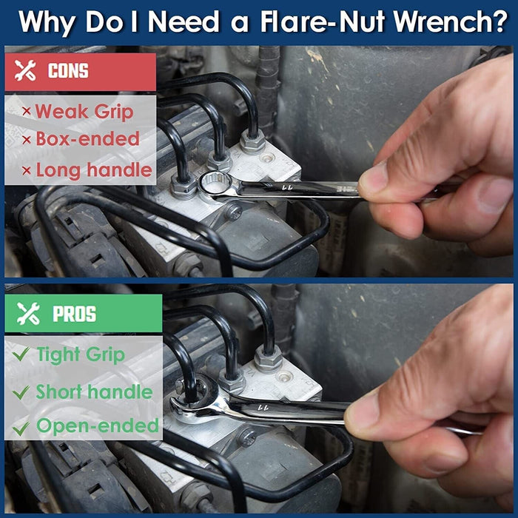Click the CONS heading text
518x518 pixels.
pos(68,71)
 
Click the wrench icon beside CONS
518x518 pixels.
pos(26,71)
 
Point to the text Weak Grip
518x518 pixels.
pos(84,112)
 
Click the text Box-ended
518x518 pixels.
pos(87,139)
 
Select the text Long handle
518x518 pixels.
pos(94,169)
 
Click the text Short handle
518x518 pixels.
pos(94,391)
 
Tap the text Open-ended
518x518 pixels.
pos(98,426)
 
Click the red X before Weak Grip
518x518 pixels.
pos(26,112)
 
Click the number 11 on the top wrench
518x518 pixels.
pos(285,189)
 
